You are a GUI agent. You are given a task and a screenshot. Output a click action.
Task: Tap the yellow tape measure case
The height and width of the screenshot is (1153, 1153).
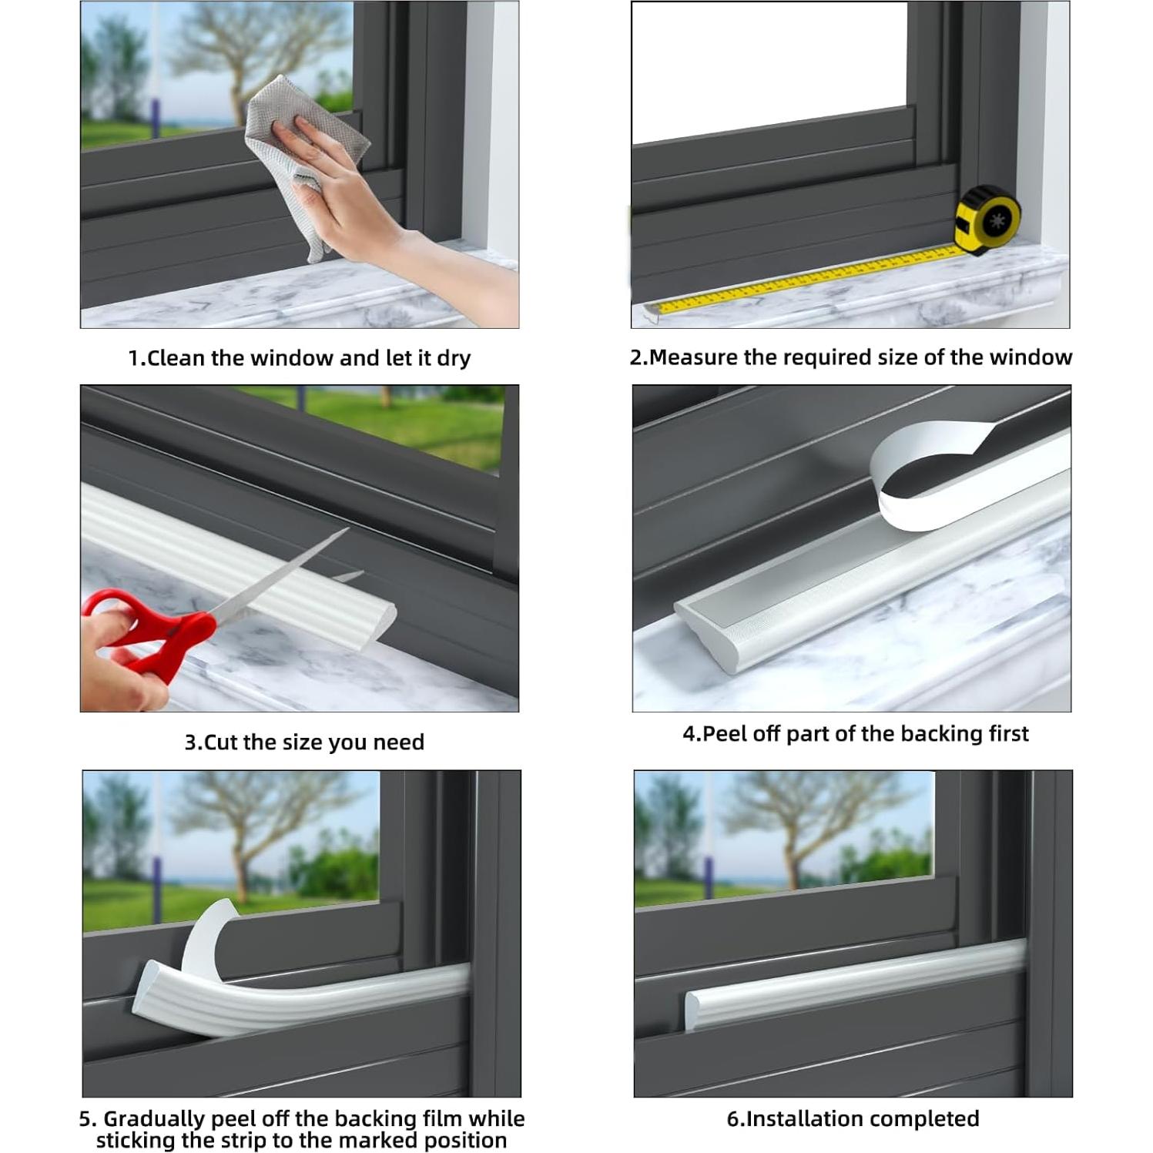[x=988, y=220]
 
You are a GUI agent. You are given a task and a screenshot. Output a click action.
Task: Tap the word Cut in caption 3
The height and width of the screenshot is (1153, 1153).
[x=221, y=742]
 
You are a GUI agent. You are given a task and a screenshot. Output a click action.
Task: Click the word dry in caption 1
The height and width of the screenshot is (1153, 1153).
[x=454, y=359]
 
